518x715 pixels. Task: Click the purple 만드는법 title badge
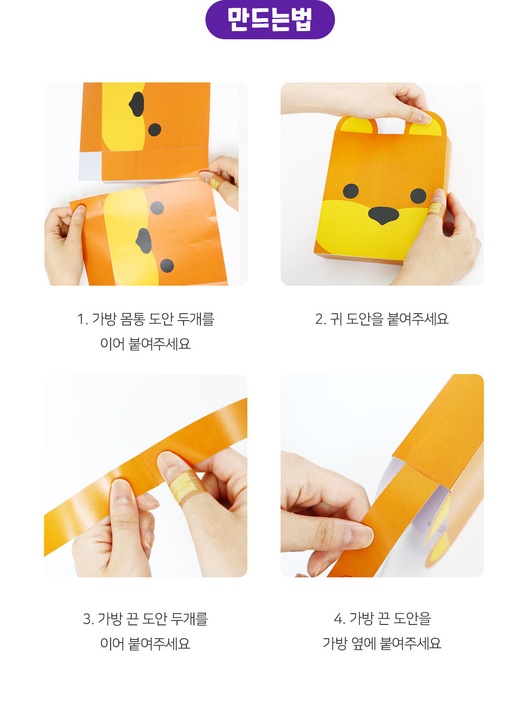(270, 20)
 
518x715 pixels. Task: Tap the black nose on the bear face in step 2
(383, 215)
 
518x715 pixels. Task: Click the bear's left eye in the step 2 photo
(351, 191)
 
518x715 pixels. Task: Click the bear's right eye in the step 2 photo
(418, 195)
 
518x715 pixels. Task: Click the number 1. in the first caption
(82, 319)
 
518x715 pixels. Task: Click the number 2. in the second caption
(320, 319)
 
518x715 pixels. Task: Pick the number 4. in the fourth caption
(339, 619)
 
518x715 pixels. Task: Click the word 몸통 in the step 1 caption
(133, 319)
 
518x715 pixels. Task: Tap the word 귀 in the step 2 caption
(336, 319)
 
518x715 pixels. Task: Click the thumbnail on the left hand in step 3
(120, 491)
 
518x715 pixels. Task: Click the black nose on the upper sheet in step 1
(137, 104)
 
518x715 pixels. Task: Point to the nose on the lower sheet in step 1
(144, 241)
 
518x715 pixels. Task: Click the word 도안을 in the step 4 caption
(412, 619)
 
